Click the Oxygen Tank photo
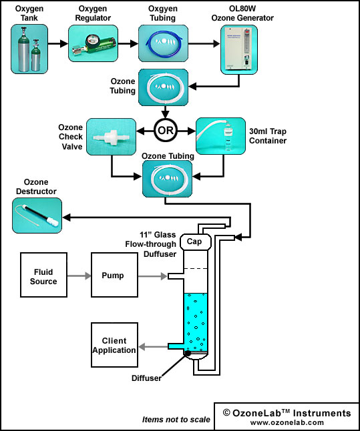pyautogui.click(x=29, y=49)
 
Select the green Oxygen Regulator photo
pyautogui.click(x=93, y=43)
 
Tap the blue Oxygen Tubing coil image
pyautogui.click(x=163, y=43)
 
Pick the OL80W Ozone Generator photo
pyautogui.click(x=239, y=49)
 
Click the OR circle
pyautogui.click(x=166, y=130)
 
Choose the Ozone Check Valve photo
pyautogui.click(x=111, y=137)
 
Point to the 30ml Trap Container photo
pyautogui.click(x=220, y=136)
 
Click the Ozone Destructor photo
pyautogui.click(x=37, y=215)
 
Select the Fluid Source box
pyautogui.click(x=43, y=275)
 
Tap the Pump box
pyautogui.click(x=114, y=275)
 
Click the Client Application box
pyautogui.click(x=114, y=345)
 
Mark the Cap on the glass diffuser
pyautogui.click(x=196, y=242)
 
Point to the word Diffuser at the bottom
pyautogui.click(x=146, y=378)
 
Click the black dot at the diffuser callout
pyautogui.click(x=188, y=354)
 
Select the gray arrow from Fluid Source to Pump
pyautogui.click(x=79, y=276)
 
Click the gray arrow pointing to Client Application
pyautogui.click(x=153, y=347)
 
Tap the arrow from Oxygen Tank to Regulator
pyautogui.click(x=58, y=43)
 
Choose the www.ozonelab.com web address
pyautogui.click(x=287, y=422)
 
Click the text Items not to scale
pyautogui.click(x=176, y=420)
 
